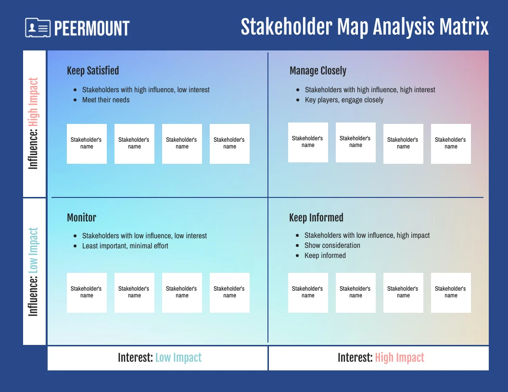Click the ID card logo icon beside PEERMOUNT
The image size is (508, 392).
(38, 27)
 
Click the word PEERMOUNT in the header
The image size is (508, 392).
(92, 28)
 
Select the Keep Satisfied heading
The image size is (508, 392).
(93, 71)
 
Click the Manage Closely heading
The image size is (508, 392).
(318, 71)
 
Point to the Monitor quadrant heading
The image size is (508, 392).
(82, 217)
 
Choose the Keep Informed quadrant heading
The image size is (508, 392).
(316, 217)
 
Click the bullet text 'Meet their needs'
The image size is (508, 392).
(106, 100)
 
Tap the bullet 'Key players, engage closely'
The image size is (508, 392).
(344, 100)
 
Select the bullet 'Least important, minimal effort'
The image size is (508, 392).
(125, 246)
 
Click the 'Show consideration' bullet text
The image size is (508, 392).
(332, 245)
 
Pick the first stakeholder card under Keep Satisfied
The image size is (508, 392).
(87, 144)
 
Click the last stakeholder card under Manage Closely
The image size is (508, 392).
(451, 144)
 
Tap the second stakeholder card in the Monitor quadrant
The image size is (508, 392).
(134, 293)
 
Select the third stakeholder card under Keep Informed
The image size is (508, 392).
(403, 293)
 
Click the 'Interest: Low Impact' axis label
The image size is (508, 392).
(160, 358)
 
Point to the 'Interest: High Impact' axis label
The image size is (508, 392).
(381, 358)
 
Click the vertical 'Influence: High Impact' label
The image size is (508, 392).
(33, 123)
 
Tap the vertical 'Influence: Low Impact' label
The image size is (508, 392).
(33, 272)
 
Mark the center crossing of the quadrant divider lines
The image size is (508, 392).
(268, 197)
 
